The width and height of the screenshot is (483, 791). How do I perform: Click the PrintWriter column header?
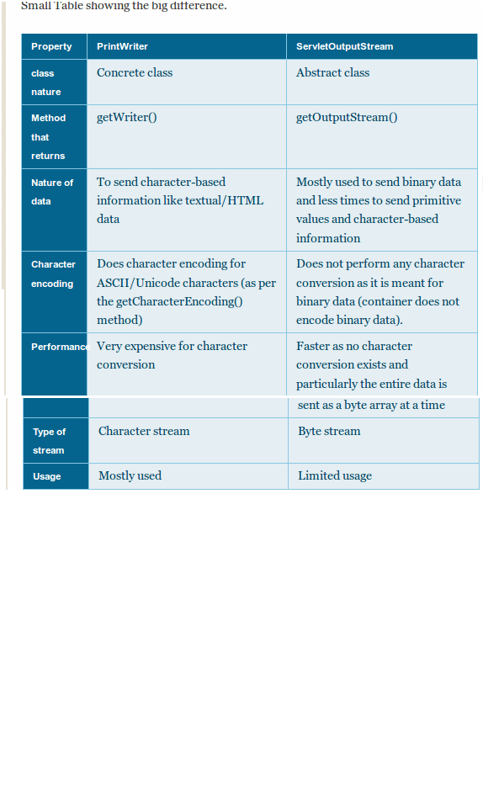point(122,46)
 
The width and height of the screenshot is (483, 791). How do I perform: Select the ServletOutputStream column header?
point(344,46)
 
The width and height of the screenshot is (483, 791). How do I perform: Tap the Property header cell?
point(51,46)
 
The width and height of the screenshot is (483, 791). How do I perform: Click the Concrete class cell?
point(135,73)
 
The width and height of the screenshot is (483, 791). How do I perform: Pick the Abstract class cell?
point(332,73)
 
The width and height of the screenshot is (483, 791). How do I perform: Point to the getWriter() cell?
point(126,117)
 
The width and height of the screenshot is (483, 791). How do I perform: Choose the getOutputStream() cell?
point(347,117)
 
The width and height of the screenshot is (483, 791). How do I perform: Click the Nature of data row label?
point(52,192)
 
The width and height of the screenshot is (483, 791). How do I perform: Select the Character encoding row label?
point(53,273)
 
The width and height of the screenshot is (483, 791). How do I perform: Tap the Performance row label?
point(58,347)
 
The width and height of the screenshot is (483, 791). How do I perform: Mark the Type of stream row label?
point(49,441)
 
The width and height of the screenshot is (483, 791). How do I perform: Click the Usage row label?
point(47,476)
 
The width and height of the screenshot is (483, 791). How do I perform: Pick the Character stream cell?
point(144,431)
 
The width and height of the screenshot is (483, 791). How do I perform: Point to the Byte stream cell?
point(329,431)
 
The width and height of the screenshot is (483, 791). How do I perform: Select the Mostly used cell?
point(130,475)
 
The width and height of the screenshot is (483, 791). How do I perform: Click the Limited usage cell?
point(335,475)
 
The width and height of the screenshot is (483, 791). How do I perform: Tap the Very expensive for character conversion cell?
point(172,355)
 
